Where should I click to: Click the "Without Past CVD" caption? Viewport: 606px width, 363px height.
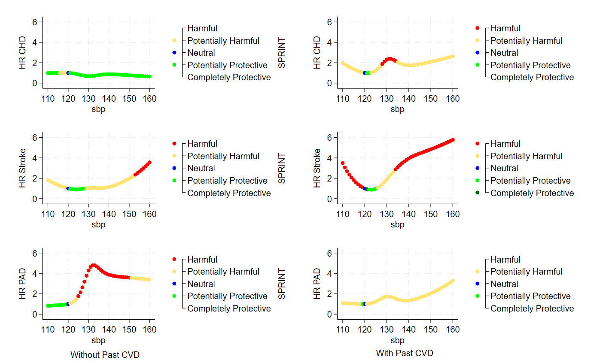pos(105,355)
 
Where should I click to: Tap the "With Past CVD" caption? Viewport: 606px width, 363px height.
pos(405,353)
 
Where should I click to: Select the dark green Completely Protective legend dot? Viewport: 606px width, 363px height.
pos(478,193)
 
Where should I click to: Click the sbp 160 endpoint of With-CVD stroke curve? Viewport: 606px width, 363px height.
pos(453,140)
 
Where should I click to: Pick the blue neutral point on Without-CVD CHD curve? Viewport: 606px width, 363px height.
pos(68,73)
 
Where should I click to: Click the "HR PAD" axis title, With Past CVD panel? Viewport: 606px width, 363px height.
pos(317,284)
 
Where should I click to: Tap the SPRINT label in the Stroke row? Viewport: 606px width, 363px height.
pos(282,168)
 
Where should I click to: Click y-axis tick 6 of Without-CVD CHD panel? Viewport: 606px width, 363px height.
pos(35,22)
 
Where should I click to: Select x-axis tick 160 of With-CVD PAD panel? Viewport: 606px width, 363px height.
pos(453,330)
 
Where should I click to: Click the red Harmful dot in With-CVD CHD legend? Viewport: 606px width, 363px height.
pos(478,28)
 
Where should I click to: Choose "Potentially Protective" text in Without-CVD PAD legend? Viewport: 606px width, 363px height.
pos(227,296)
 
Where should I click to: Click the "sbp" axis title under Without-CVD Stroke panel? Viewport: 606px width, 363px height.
pos(98,224)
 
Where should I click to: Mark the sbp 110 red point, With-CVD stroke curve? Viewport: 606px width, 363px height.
pos(343,163)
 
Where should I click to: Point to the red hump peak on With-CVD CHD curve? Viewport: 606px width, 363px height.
pos(390,59)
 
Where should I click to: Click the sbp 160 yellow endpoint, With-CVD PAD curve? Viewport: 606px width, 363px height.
pos(453,281)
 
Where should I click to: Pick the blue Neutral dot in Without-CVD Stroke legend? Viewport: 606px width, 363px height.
pos(174,168)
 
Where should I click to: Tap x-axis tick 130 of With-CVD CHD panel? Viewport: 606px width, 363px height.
pos(387,99)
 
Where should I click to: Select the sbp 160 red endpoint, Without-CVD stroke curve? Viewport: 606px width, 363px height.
pos(149,163)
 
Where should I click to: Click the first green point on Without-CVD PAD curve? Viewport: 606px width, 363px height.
pos(48,306)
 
